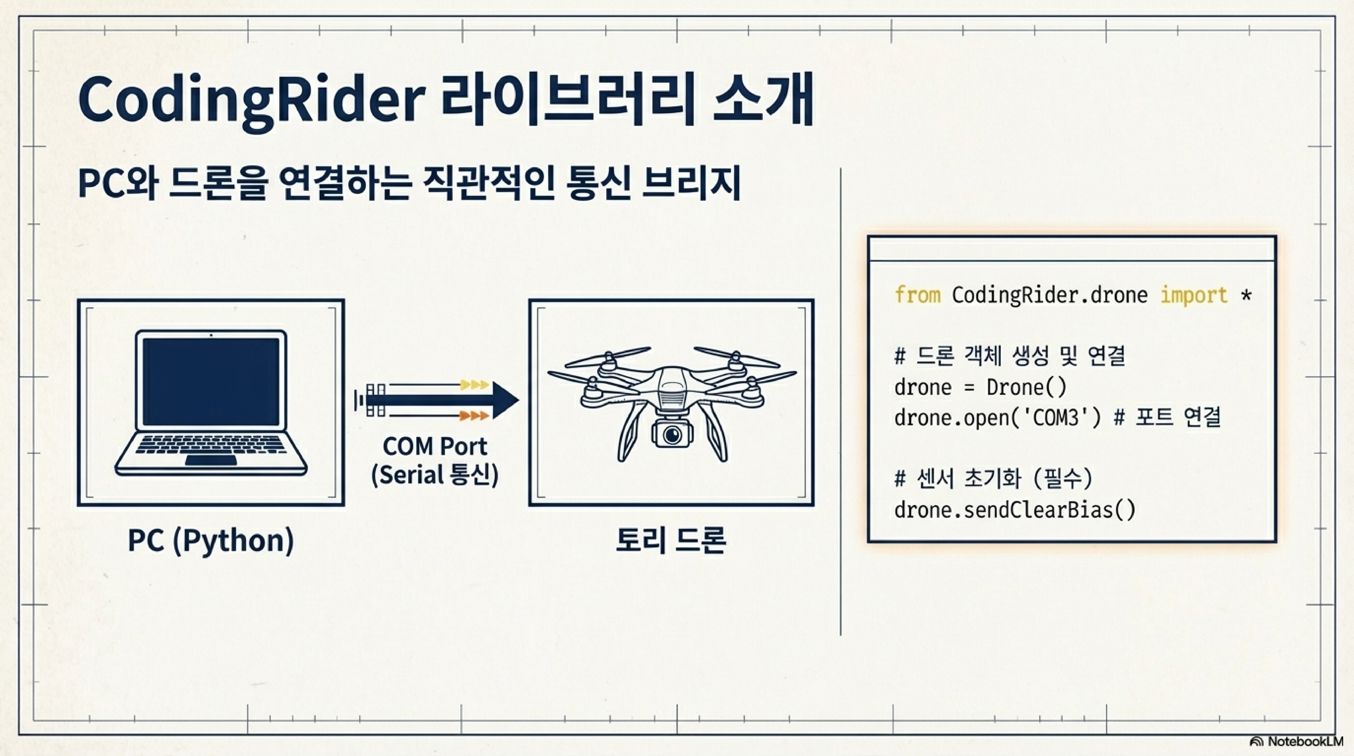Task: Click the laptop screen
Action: click(x=211, y=381)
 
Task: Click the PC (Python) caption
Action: click(x=211, y=541)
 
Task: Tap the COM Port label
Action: click(x=435, y=446)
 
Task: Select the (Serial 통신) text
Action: click(x=435, y=475)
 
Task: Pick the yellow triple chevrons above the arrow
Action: click(x=474, y=385)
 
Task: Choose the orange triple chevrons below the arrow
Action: click(x=474, y=416)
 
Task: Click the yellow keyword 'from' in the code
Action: click(x=917, y=295)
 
